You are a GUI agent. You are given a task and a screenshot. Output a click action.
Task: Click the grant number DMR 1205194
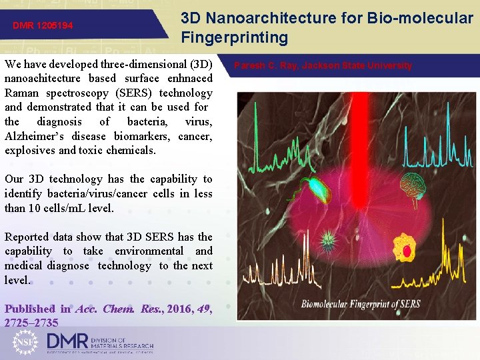pos(43,26)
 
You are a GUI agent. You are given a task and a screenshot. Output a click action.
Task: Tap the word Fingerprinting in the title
pos(234,38)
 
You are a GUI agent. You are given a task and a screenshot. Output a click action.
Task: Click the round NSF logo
pos(27,342)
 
